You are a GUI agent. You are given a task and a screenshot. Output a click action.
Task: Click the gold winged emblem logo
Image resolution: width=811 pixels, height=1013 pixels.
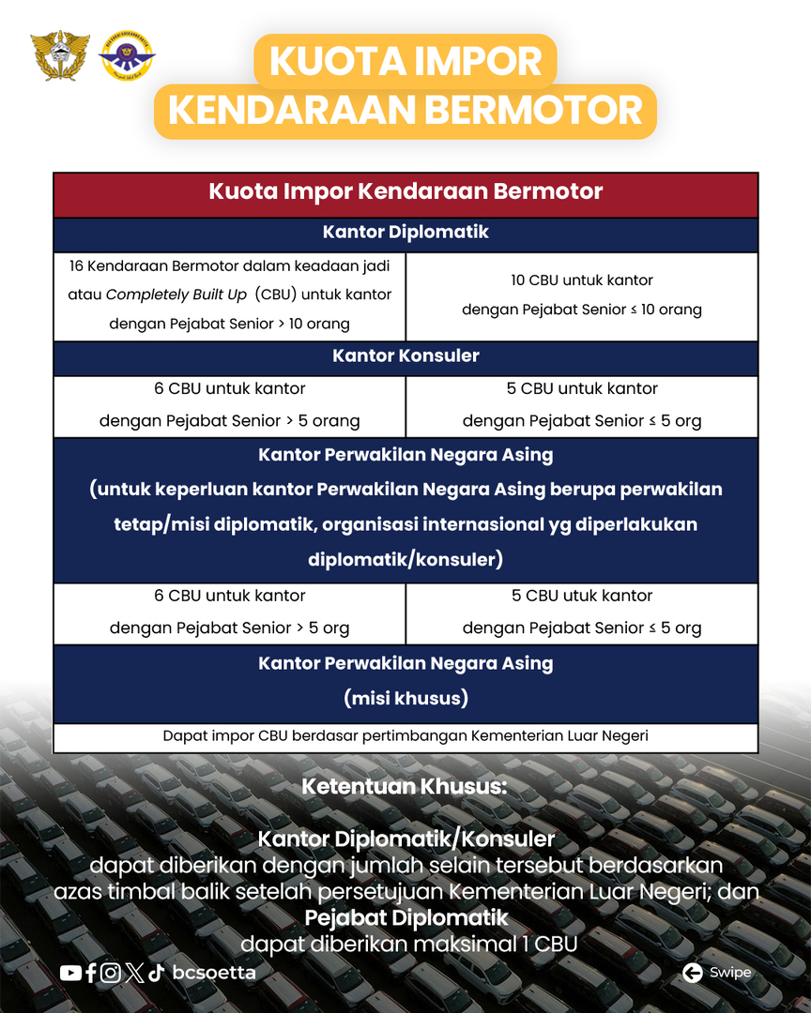click(x=60, y=55)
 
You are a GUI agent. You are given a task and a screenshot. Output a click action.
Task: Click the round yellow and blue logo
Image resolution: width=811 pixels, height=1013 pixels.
click(x=126, y=55)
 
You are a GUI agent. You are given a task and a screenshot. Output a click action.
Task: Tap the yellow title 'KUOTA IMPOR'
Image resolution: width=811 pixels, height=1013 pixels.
click(x=405, y=62)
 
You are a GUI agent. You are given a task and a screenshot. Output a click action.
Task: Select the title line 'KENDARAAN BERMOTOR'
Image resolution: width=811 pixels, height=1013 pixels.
click(x=405, y=112)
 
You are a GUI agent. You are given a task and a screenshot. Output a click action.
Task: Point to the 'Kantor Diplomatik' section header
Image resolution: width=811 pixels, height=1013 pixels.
click(x=405, y=233)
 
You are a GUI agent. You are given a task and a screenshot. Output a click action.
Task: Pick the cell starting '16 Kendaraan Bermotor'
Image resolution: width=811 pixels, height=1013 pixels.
click(x=230, y=295)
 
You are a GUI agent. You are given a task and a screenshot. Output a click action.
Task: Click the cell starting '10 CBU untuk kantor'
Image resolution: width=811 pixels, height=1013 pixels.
click(x=582, y=295)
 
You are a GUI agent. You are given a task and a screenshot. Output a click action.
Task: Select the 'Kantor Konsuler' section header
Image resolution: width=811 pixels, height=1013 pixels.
click(x=405, y=356)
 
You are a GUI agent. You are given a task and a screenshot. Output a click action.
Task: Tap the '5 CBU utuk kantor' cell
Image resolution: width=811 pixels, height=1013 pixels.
click(x=582, y=612)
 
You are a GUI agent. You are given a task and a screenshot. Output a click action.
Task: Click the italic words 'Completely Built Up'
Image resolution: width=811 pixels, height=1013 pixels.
click(x=176, y=295)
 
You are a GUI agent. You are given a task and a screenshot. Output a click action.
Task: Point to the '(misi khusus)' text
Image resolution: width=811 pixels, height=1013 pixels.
click(x=405, y=699)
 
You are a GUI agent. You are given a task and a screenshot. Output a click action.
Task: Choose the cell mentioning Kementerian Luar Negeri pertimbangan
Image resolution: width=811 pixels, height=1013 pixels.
click(x=405, y=736)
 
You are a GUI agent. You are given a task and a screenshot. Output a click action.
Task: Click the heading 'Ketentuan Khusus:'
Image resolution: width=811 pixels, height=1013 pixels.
click(x=405, y=787)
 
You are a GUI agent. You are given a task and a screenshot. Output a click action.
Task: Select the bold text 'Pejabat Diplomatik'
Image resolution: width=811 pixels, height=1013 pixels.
click(x=406, y=916)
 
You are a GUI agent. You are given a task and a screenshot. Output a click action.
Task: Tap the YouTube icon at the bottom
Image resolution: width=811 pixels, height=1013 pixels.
click(x=70, y=973)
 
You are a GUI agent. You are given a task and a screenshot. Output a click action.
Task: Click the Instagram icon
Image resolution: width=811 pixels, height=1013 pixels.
click(x=111, y=973)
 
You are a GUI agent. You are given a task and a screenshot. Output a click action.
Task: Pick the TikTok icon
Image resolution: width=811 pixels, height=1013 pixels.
click(x=156, y=973)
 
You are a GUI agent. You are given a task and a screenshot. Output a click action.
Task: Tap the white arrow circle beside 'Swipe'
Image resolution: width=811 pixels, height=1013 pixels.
click(x=693, y=973)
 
